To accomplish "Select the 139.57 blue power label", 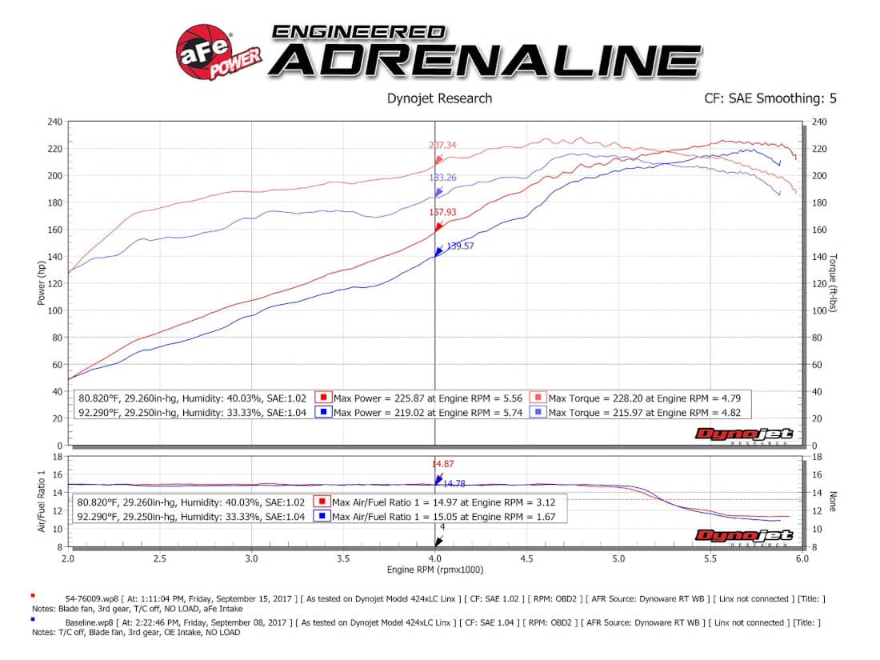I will point(460,246).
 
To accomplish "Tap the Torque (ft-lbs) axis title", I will point(833,283).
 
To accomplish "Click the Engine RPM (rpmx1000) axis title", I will point(434,570).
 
